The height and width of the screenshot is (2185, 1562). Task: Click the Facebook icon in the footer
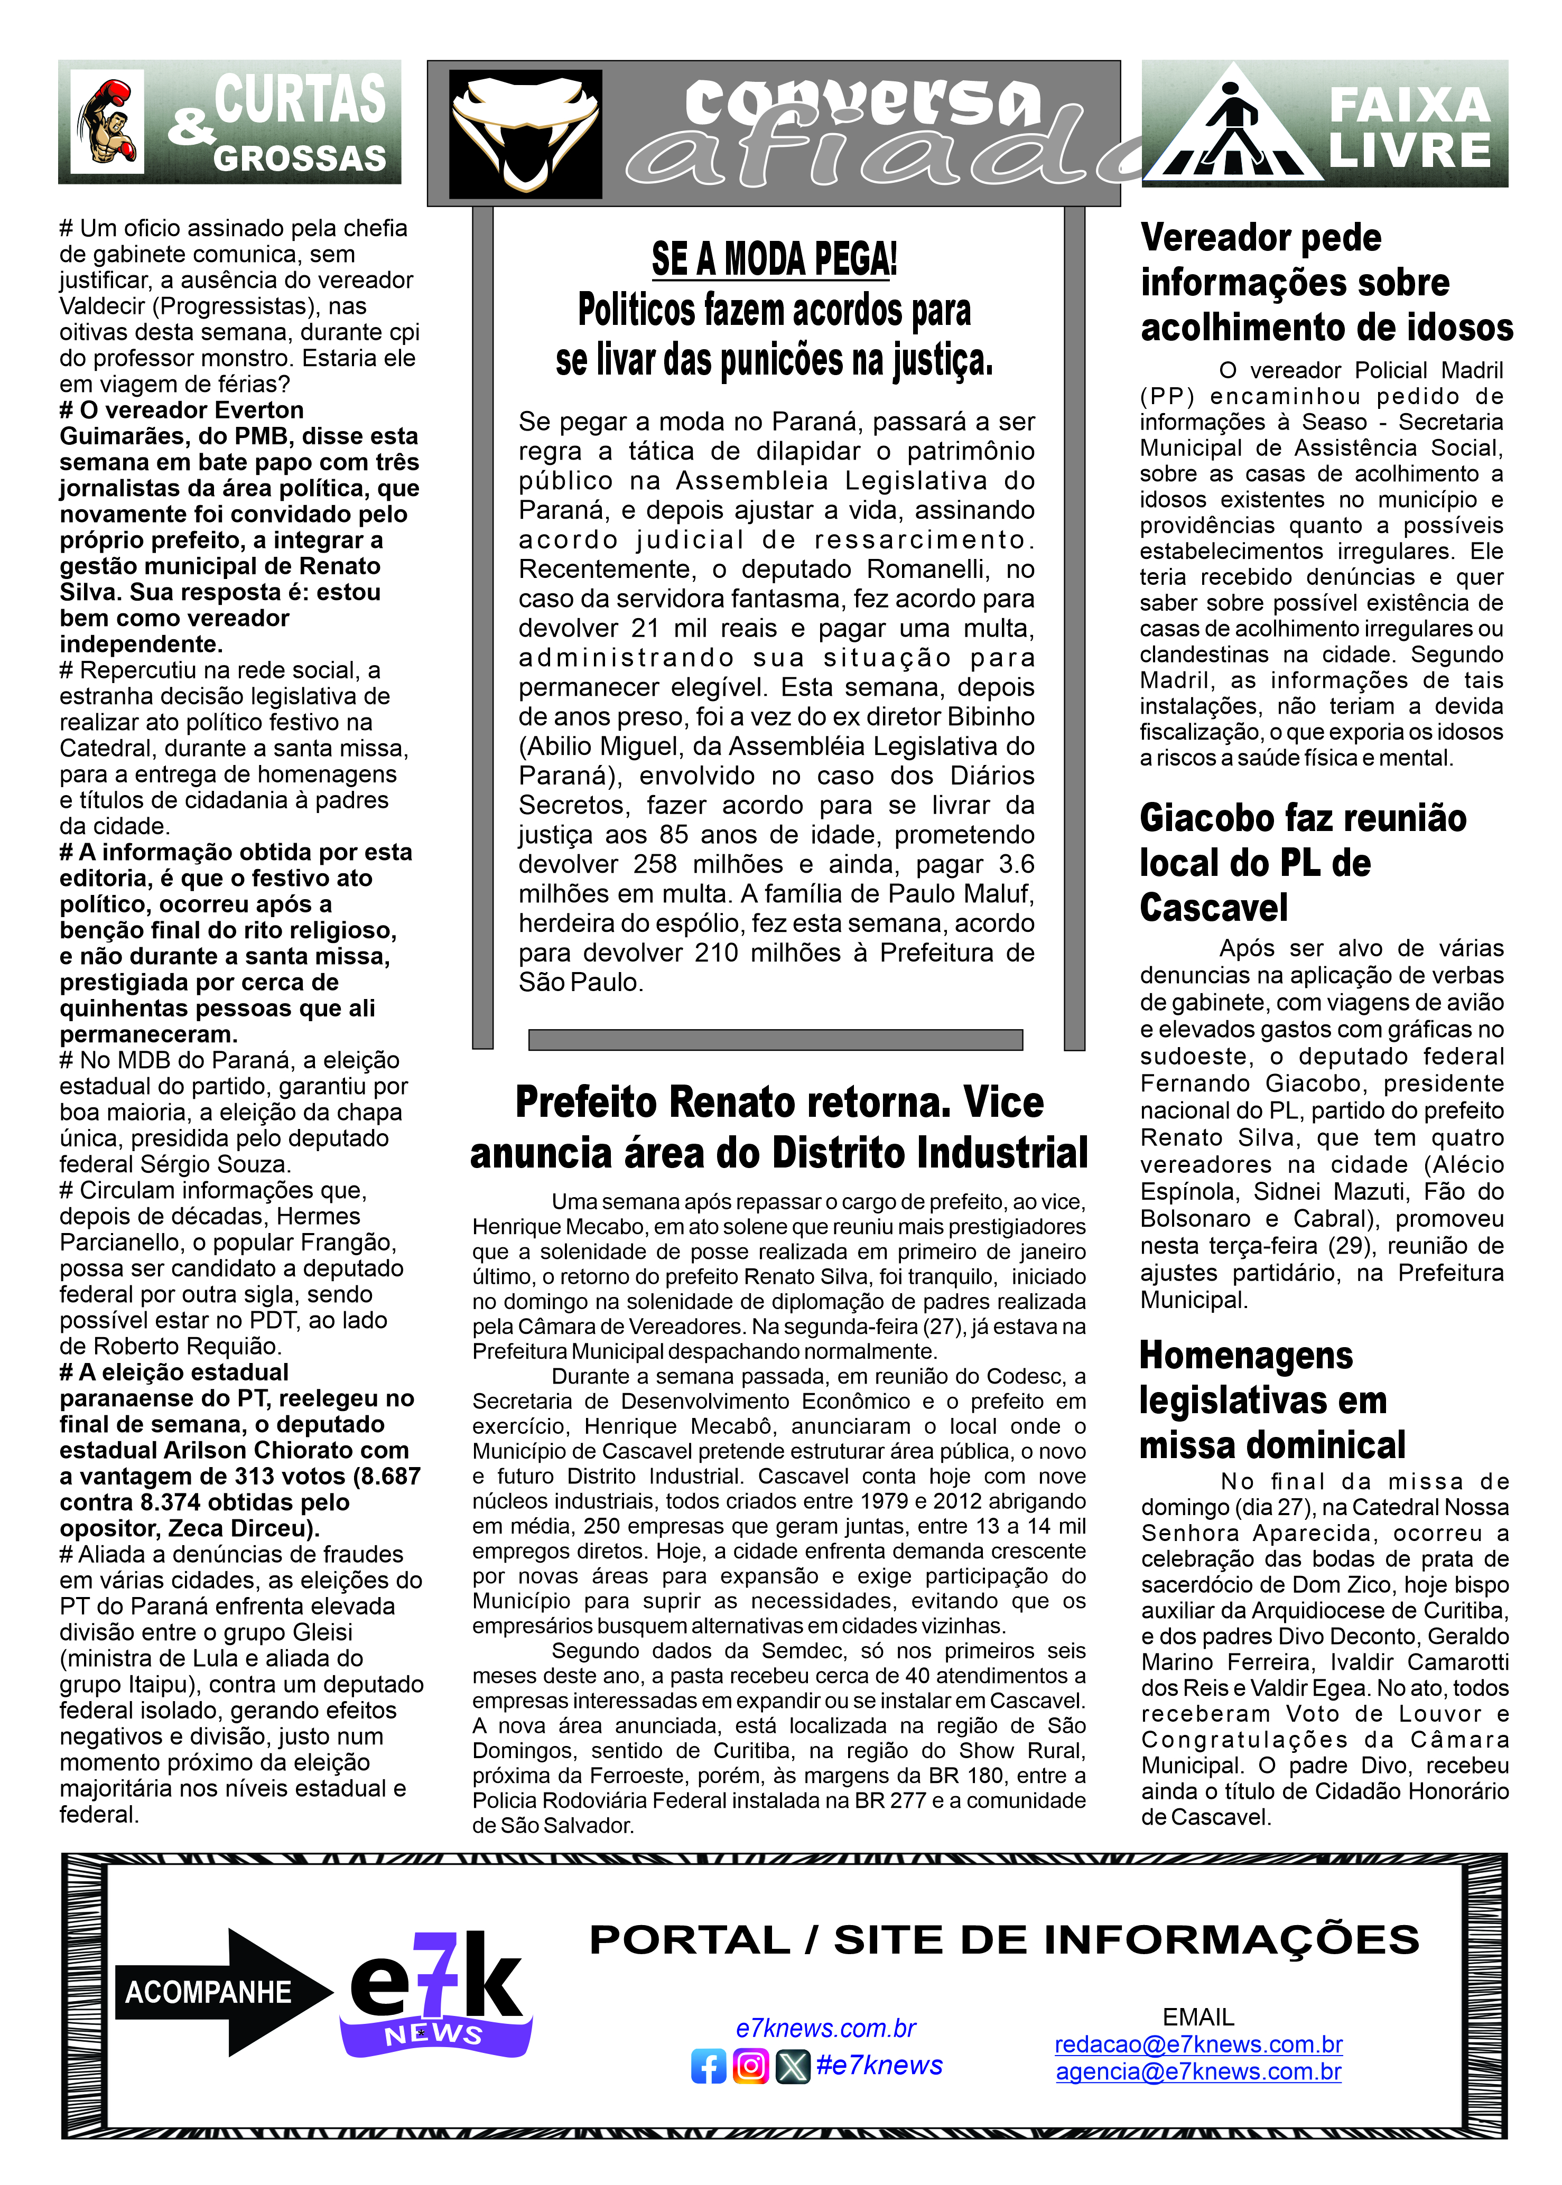[709, 2066]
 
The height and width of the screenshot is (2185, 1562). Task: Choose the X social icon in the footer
[793, 2066]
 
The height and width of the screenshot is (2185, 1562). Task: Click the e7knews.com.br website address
[825, 2028]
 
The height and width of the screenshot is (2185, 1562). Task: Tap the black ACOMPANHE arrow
[221, 1992]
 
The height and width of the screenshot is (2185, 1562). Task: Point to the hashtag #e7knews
[879, 2065]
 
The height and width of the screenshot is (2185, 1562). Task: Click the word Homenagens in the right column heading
[1245, 1355]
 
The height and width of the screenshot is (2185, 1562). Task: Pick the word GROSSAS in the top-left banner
[299, 158]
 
